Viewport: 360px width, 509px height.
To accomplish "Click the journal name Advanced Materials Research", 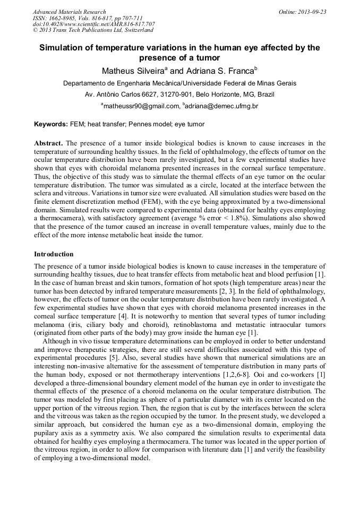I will (x=69, y=12).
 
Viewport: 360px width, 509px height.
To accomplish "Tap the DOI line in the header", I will (x=93, y=24).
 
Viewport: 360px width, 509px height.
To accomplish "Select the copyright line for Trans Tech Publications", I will (x=93, y=30).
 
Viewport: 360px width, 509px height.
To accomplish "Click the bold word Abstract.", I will (x=48, y=144).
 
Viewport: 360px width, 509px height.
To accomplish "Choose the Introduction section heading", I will (x=54, y=254).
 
